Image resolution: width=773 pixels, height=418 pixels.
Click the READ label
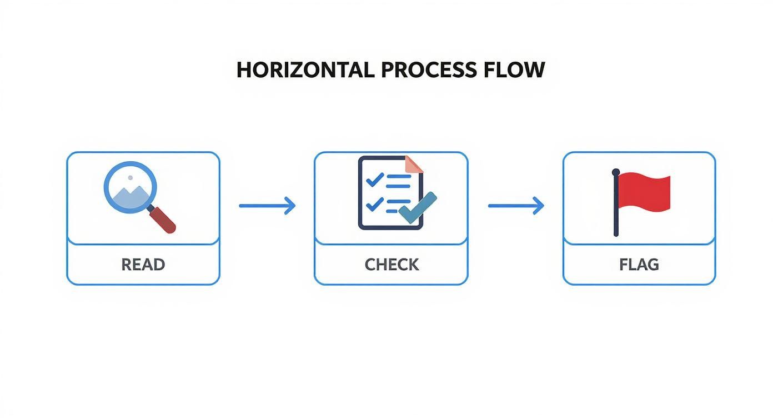(x=143, y=265)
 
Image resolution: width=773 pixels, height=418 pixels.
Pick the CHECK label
(x=391, y=265)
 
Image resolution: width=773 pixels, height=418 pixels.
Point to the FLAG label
(x=639, y=265)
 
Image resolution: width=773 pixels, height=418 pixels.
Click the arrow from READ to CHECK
(x=267, y=206)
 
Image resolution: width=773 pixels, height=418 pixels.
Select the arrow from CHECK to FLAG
(x=515, y=206)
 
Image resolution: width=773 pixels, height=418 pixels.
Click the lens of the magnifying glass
(x=130, y=188)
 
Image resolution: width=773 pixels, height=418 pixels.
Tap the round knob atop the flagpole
(x=616, y=172)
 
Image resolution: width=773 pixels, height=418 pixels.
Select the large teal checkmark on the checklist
(x=418, y=208)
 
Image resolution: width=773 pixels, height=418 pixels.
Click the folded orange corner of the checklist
(x=413, y=164)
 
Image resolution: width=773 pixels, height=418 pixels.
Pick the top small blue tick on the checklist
(x=375, y=179)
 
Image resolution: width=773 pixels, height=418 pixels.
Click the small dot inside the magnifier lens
(x=130, y=178)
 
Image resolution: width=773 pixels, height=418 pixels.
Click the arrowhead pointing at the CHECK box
(x=290, y=206)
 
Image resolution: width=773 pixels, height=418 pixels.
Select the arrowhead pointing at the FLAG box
(x=539, y=206)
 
